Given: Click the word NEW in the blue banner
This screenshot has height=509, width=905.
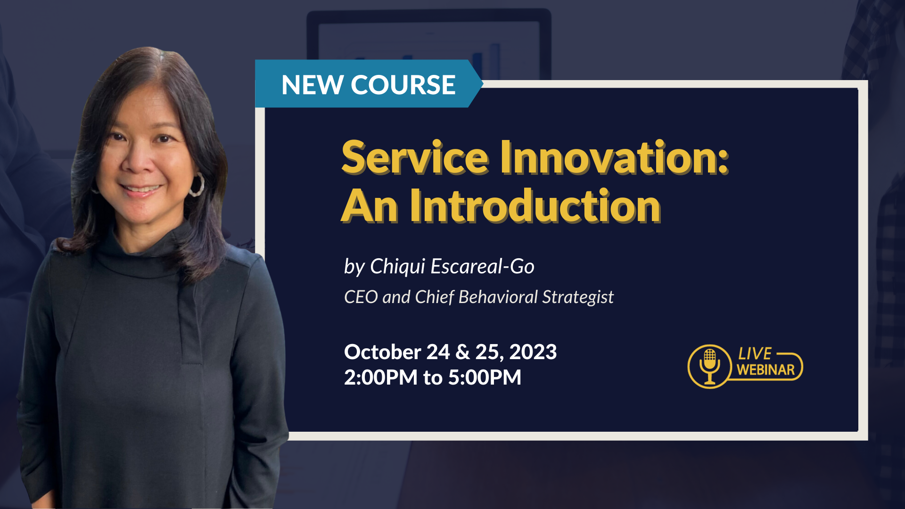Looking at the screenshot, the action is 312,85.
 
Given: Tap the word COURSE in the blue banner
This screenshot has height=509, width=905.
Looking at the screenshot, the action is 403,85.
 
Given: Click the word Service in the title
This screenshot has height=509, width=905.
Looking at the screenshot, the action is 415,157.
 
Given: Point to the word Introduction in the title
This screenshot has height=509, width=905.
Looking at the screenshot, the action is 535,206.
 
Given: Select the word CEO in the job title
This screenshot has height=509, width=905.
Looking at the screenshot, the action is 361,297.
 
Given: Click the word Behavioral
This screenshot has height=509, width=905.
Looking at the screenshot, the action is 498,297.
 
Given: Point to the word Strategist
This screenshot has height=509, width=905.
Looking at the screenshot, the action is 578,297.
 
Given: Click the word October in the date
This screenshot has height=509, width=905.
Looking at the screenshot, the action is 383,352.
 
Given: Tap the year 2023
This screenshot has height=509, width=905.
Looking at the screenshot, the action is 533,352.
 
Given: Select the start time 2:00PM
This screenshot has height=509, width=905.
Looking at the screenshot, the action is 381,378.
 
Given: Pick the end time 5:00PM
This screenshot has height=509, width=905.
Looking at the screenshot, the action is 485,378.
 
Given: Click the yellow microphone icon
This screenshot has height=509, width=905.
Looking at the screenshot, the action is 709,367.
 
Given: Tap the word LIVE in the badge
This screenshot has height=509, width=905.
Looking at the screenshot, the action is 755,353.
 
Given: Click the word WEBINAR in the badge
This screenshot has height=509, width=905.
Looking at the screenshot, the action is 766,370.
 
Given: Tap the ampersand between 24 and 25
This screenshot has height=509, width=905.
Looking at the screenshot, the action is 463,353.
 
